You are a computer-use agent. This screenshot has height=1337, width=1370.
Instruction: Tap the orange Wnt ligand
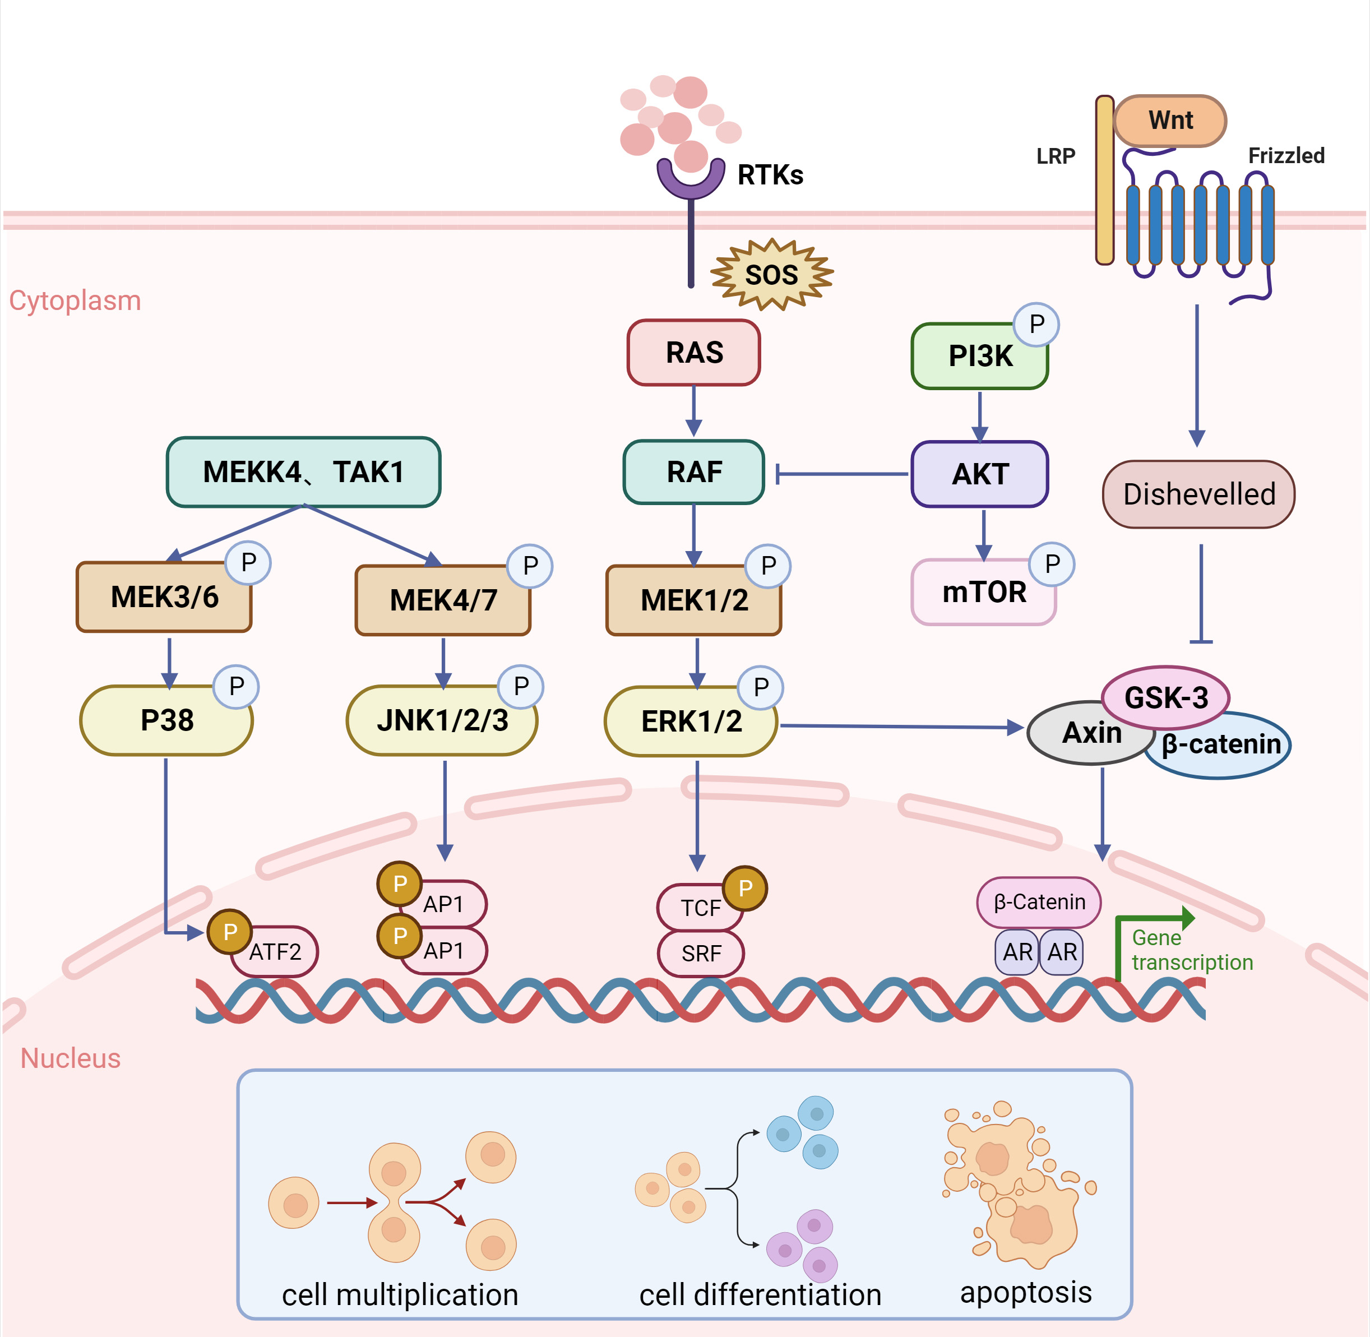click(x=1170, y=121)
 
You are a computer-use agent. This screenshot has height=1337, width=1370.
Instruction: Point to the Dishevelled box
click(x=1198, y=494)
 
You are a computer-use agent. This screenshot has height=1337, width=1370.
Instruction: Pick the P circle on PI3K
click(x=1036, y=325)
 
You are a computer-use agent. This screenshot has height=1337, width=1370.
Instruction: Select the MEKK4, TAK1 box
click(x=303, y=472)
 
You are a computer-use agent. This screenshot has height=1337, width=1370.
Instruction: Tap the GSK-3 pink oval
click(x=1165, y=697)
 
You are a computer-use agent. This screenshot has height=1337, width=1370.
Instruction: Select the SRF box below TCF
click(x=701, y=954)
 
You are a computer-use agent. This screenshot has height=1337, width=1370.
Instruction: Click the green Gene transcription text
click(x=1191, y=950)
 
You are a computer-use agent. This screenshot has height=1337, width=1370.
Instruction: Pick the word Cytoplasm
click(x=75, y=300)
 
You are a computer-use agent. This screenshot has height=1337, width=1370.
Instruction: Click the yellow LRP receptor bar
click(x=1104, y=181)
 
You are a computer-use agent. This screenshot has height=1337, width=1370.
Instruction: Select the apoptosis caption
click(x=1025, y=1292)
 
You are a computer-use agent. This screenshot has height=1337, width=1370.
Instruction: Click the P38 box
click(x=166, y=720)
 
